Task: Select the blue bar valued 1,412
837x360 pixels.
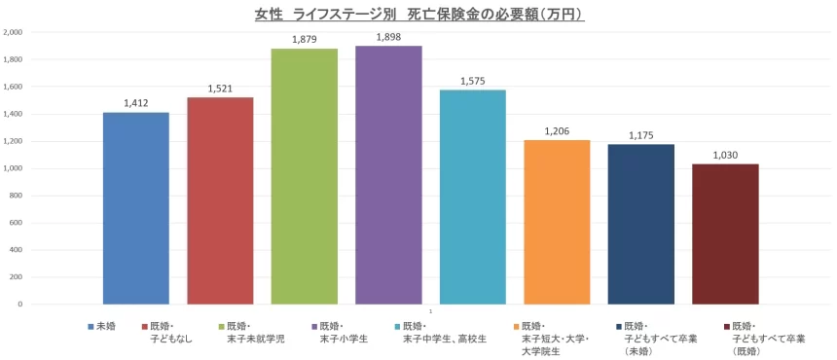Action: click(x=136, y=208)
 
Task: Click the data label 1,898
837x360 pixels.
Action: click(x=388, y=37)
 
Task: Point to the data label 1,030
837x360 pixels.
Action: click(x=725, y=155)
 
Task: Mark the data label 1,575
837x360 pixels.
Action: click(x=473, y=82)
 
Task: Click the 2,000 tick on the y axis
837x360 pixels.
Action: click(x=14, y=32)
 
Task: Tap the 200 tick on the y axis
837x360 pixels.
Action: click(x=18, y=277)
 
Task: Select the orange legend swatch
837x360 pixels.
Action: click(x=515, y=327)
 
